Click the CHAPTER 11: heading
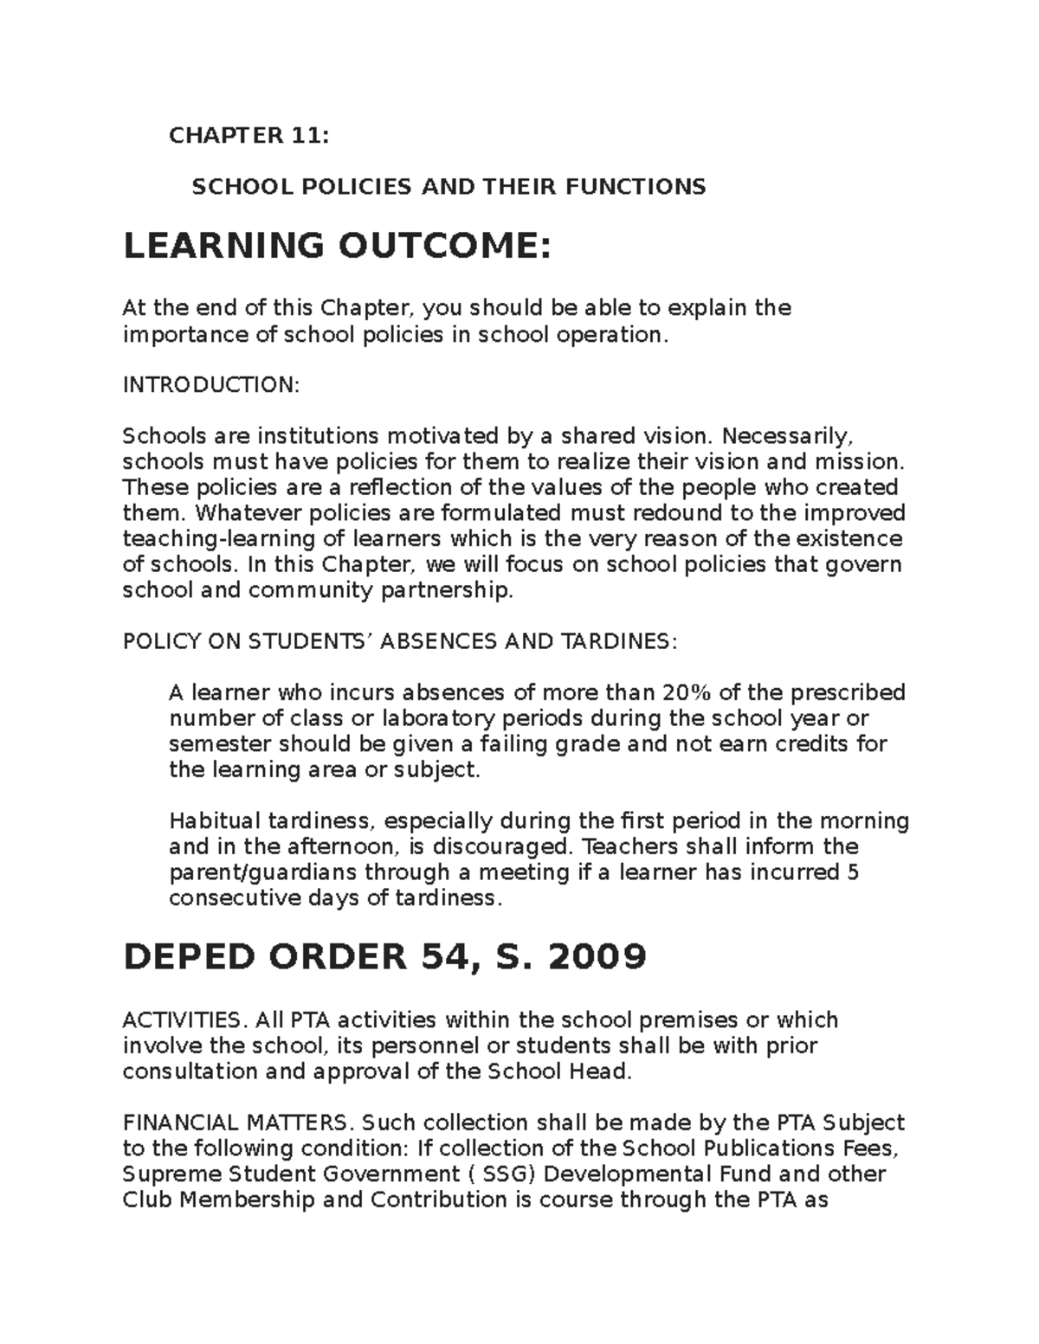248,136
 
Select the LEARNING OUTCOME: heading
337,248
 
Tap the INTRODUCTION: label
210,385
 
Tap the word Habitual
215,820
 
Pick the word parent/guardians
264,872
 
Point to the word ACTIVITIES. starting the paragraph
177,1020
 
